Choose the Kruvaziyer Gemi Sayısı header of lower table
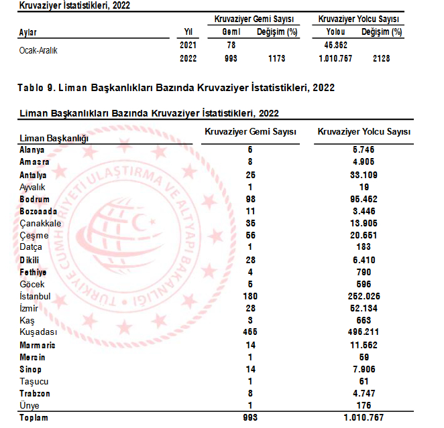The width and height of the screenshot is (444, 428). [250, 133]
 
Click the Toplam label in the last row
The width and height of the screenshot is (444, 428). [34, 418]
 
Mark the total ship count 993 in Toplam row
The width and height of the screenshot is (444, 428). [249, 418]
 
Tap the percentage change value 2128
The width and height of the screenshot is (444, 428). [381, 59]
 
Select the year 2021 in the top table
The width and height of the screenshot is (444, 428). [188, 45]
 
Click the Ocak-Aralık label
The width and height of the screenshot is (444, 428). [38, 50]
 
